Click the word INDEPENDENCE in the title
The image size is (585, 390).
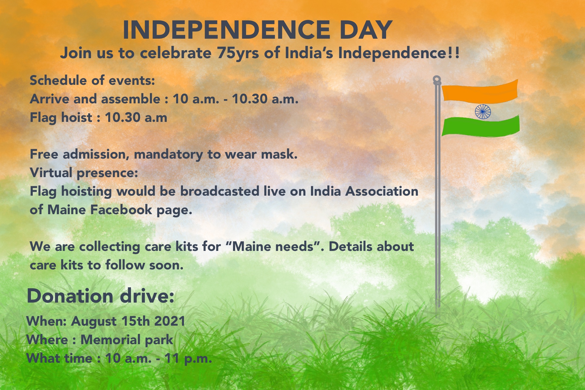pyautogui.click(x=227, y=30)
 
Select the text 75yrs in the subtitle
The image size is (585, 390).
pyautogui.click(x=238, y=53)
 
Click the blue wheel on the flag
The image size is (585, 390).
pyautogui.click(x=483, y=111)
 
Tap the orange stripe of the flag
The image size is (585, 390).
pyautogui.click(x=480, y=91)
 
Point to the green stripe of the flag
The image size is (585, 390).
pyautogui.click(x=481, y=127)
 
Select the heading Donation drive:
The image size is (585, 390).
pyautogui.click(x=100, y=296)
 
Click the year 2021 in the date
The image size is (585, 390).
pyautogui.click(x=170, y=321)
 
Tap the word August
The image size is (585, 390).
pyautogui.click(x=94, y=321)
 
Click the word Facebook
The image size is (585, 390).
pyautogui.click(x=121, y=210)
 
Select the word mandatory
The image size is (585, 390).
pyautogui.click(x=168, y=154)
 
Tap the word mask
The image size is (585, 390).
pyautogui.click(x=279, y=154)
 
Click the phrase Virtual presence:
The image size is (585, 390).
pyautogui.click(x=84, y=173)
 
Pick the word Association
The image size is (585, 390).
pyautogui.click(x=382, y=191)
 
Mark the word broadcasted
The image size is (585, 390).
pyautogui.click(x=220, y=191)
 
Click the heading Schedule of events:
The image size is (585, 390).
pyautogui.click(x=92, y=80)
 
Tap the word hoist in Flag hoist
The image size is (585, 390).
pyautogui.click(x=77, y=117)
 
